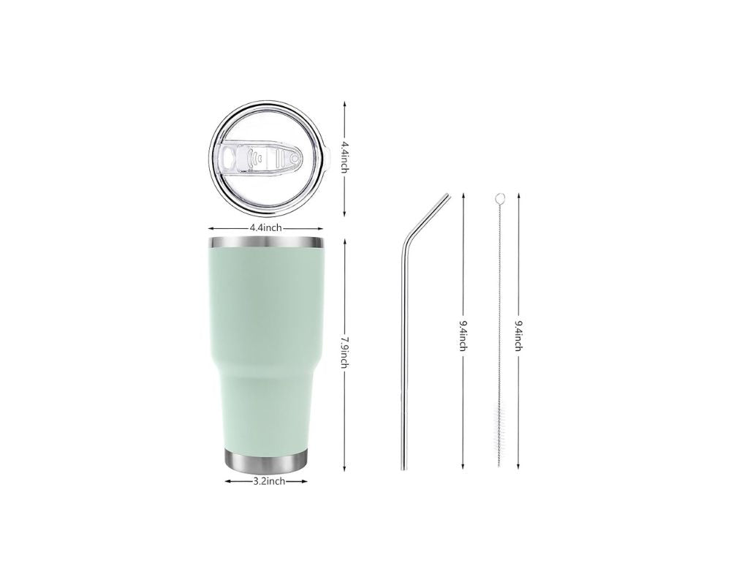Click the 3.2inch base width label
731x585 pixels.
point(269,481)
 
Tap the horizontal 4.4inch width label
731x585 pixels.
point(266,228)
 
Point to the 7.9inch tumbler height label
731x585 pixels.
point(344,352)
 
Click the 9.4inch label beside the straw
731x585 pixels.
point(463,336)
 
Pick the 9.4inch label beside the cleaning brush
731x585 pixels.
point(518,336)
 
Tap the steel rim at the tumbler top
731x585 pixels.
point(266,242)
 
